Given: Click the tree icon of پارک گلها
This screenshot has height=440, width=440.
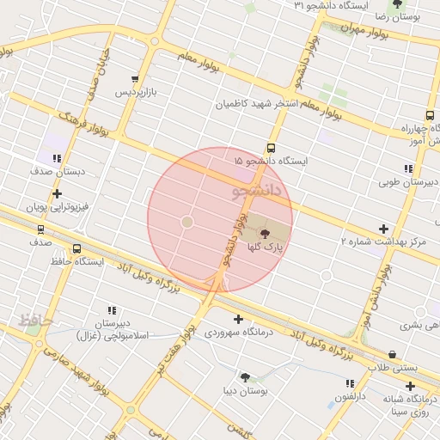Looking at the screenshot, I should click(x=264, y=232).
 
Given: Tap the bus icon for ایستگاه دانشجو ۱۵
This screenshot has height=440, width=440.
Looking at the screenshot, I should click(x=272, y=148).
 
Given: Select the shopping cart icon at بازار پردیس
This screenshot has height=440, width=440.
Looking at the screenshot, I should click(x=134, y=79).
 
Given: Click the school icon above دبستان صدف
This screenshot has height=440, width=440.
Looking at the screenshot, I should click(x=57, y=159).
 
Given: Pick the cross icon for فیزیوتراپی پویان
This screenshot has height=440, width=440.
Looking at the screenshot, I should click(x=57, y=194).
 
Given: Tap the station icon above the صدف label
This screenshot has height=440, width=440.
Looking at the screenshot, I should click(x=40, y=229).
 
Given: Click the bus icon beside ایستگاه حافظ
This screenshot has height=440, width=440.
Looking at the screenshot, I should click(x=77, y=249).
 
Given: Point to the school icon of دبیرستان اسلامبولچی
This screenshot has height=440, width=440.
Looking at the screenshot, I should click(x=111, y=310).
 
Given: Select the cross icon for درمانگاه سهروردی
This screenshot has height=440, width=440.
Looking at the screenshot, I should click(x=238, y=319).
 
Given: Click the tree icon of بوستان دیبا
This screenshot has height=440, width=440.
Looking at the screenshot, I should click(x=245, y=377).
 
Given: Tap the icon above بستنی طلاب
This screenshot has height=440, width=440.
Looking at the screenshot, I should click(x=393, y=354).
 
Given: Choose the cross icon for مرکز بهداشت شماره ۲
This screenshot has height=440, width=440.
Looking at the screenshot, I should click(x=383, y=229).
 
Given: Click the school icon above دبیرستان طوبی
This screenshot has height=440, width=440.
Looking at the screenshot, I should click(x=407, y=168).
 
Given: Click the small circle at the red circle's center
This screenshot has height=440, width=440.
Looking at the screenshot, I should click(x=186, y=222).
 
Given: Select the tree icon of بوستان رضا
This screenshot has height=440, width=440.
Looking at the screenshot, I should click(x=396, y=3).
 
